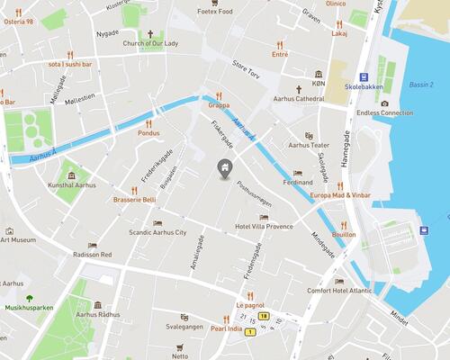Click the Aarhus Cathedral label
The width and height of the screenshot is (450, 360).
(x=319, y=98)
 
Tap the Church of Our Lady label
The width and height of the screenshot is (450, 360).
(x=151, y=43)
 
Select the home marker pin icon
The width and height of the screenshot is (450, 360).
(x=223, y=167)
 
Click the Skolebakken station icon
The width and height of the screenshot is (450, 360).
(x=364, y=77)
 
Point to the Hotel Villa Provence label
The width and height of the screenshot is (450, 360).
(x=264, y=227)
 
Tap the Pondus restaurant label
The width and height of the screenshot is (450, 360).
(x=149, y=132)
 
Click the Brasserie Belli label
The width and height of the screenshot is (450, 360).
(x=135, y=200)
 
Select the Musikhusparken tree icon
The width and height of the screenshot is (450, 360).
(x=29, y=298)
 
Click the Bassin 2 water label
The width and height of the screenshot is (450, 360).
(x=420, y=85)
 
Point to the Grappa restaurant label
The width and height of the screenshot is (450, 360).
(x=219, y=104)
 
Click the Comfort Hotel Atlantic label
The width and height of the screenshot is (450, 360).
(x=339, y=290)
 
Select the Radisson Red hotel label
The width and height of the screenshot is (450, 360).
(x=94, y=255)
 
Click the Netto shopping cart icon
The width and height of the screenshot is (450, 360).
(x=180, y=346)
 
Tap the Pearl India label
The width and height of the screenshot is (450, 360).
(x=226, y=328)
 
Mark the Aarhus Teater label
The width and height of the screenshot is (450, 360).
(x=309, y=145)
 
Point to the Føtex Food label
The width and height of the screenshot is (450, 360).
(x=215, y=12)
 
